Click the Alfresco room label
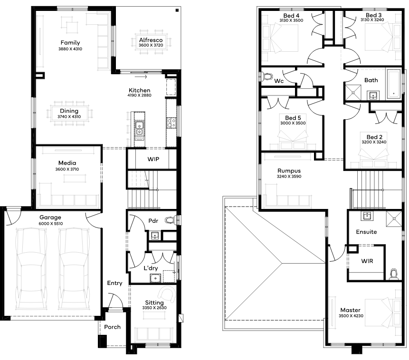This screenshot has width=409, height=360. pyautogui.click(x=151, y=40)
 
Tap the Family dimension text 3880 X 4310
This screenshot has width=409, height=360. pyautogui.click(x=70, y=49)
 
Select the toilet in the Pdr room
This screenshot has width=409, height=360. pyautogui.click(x=170, y=220)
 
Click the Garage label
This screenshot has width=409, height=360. pyautogui.click(x=50, y=218)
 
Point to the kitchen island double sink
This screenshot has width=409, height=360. pyautogui.click(x=139, y=128)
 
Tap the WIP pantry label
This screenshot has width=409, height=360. pyautogui.click(x=153, y=159)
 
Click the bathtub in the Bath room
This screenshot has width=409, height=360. pyautogui.click(x=393, y=84)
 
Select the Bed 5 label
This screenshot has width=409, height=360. pyautogui.click(x=293, y=118)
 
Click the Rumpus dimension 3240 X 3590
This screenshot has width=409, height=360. pyautogui.click(x=289, y=176)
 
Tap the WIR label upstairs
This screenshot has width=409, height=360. pyautogui.click(x=367, y=261)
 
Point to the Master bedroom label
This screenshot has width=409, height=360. pyautogui.click(x=350, y=310)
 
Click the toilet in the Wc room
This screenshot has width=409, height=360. pyautogui.click(x=266, y=76)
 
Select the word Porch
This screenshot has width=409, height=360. pyautogui.click(x=113, y=327)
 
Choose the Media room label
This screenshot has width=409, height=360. pyautogui.click(x=67, y=163)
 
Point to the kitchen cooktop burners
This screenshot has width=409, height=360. pyautogui.click(x=171, y=123)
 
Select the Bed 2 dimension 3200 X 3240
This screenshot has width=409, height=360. pyautogui.click(x=374, y=142)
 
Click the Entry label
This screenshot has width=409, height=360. pyautogui.click(x=114, y=284)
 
